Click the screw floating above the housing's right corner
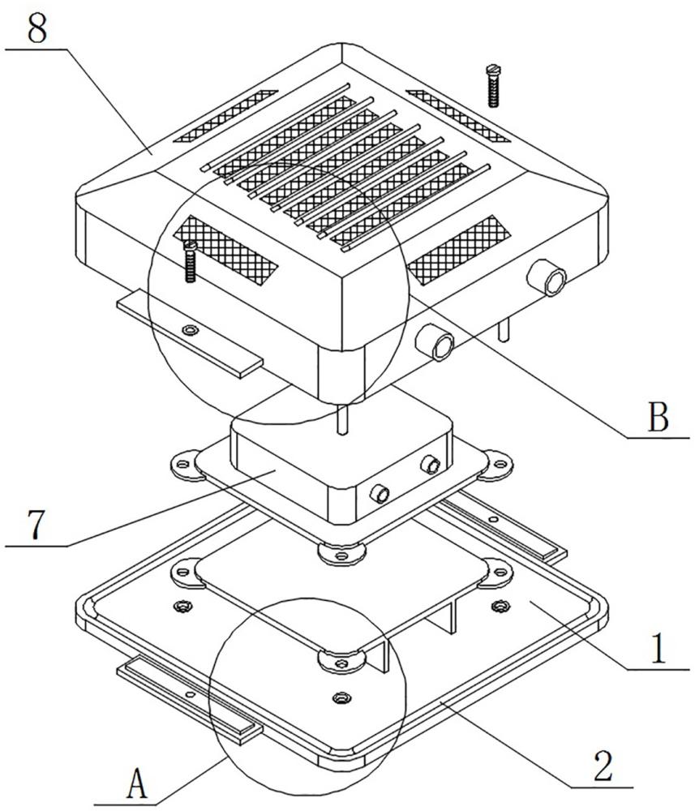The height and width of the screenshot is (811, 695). pos(491,86)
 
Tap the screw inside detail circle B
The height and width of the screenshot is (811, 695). pos(191,261)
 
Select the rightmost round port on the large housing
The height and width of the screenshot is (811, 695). pos(555,281)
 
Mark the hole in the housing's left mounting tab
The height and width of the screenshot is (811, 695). pos(191,330)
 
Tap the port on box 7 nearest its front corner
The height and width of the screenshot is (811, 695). pos(378,493)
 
